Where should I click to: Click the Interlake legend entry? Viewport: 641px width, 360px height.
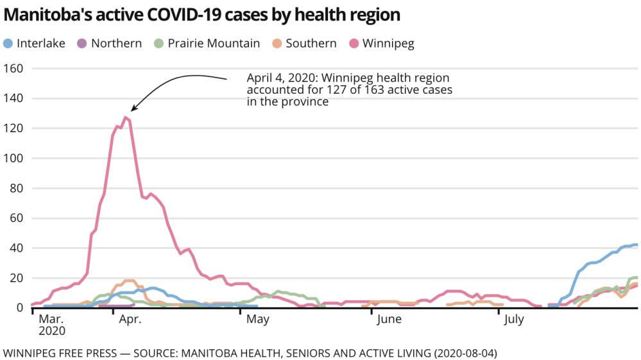pos(40,44)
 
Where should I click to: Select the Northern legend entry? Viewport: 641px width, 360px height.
pos(116,44)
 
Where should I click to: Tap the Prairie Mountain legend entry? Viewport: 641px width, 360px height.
pos(213,44)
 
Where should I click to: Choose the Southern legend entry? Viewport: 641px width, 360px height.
pos(311,44)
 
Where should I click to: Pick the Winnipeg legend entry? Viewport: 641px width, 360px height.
pos(388,44)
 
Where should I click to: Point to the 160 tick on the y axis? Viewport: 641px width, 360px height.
pos(14,69)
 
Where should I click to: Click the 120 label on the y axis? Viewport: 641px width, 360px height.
pos(14,128)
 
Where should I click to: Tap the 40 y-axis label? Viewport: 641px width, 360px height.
pos(17,248)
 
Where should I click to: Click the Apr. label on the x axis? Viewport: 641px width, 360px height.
pos(130,319)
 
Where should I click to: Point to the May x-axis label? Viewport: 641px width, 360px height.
pos(257,319)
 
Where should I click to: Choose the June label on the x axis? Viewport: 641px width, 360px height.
pos(389,319)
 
